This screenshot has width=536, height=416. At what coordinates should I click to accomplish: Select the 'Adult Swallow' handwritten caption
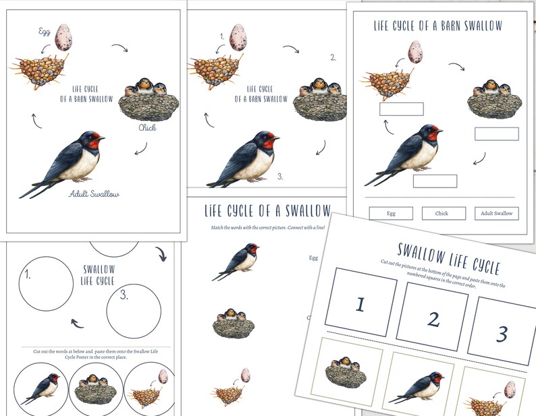pyautogui.click(x=94, y=194)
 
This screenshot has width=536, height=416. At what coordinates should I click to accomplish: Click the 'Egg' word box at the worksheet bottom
pyautogui.click(x=391, y=213)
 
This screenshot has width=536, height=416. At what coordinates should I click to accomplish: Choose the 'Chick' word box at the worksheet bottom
pyautogui.click(x=444, y=213)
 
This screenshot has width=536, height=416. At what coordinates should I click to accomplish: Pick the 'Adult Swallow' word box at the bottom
pyautogui.click(x=496, y=213)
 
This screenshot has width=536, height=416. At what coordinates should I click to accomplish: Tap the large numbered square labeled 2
pyautogui.click(x=432, y=317)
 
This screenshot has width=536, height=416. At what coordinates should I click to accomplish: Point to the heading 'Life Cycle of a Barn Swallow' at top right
pyautogui.click(x=438, y=26)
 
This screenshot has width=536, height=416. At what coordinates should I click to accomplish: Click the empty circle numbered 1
pyautogui.click(x=46, y=284)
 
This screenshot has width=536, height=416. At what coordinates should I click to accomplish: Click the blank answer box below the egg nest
pyautogui.click(x=401, y=109)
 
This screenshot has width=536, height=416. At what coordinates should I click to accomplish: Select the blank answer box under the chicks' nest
pyautogui.click(x=496, y=133)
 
